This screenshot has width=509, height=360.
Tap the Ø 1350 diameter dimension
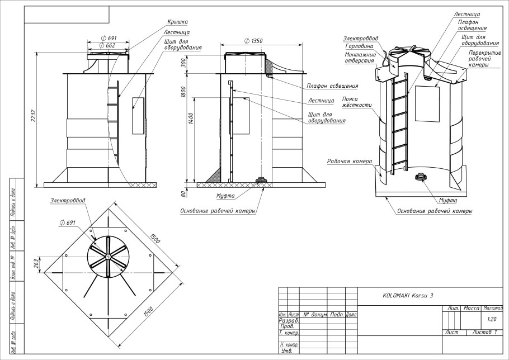254,41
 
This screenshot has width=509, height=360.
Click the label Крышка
176,22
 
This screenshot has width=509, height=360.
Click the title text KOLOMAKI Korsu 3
407,295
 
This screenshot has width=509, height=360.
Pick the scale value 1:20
492,319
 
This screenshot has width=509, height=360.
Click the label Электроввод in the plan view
68,200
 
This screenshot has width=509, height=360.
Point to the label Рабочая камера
350,161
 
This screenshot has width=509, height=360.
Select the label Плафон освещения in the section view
332,86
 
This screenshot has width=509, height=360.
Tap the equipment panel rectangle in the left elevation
138,116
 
